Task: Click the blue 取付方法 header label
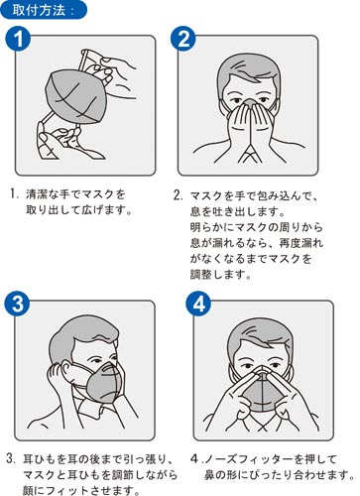44,10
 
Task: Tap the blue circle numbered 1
18,39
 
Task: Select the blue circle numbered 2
183,39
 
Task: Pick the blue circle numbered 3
17,304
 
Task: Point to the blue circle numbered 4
198,304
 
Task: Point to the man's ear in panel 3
66,369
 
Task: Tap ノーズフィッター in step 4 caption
249,459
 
